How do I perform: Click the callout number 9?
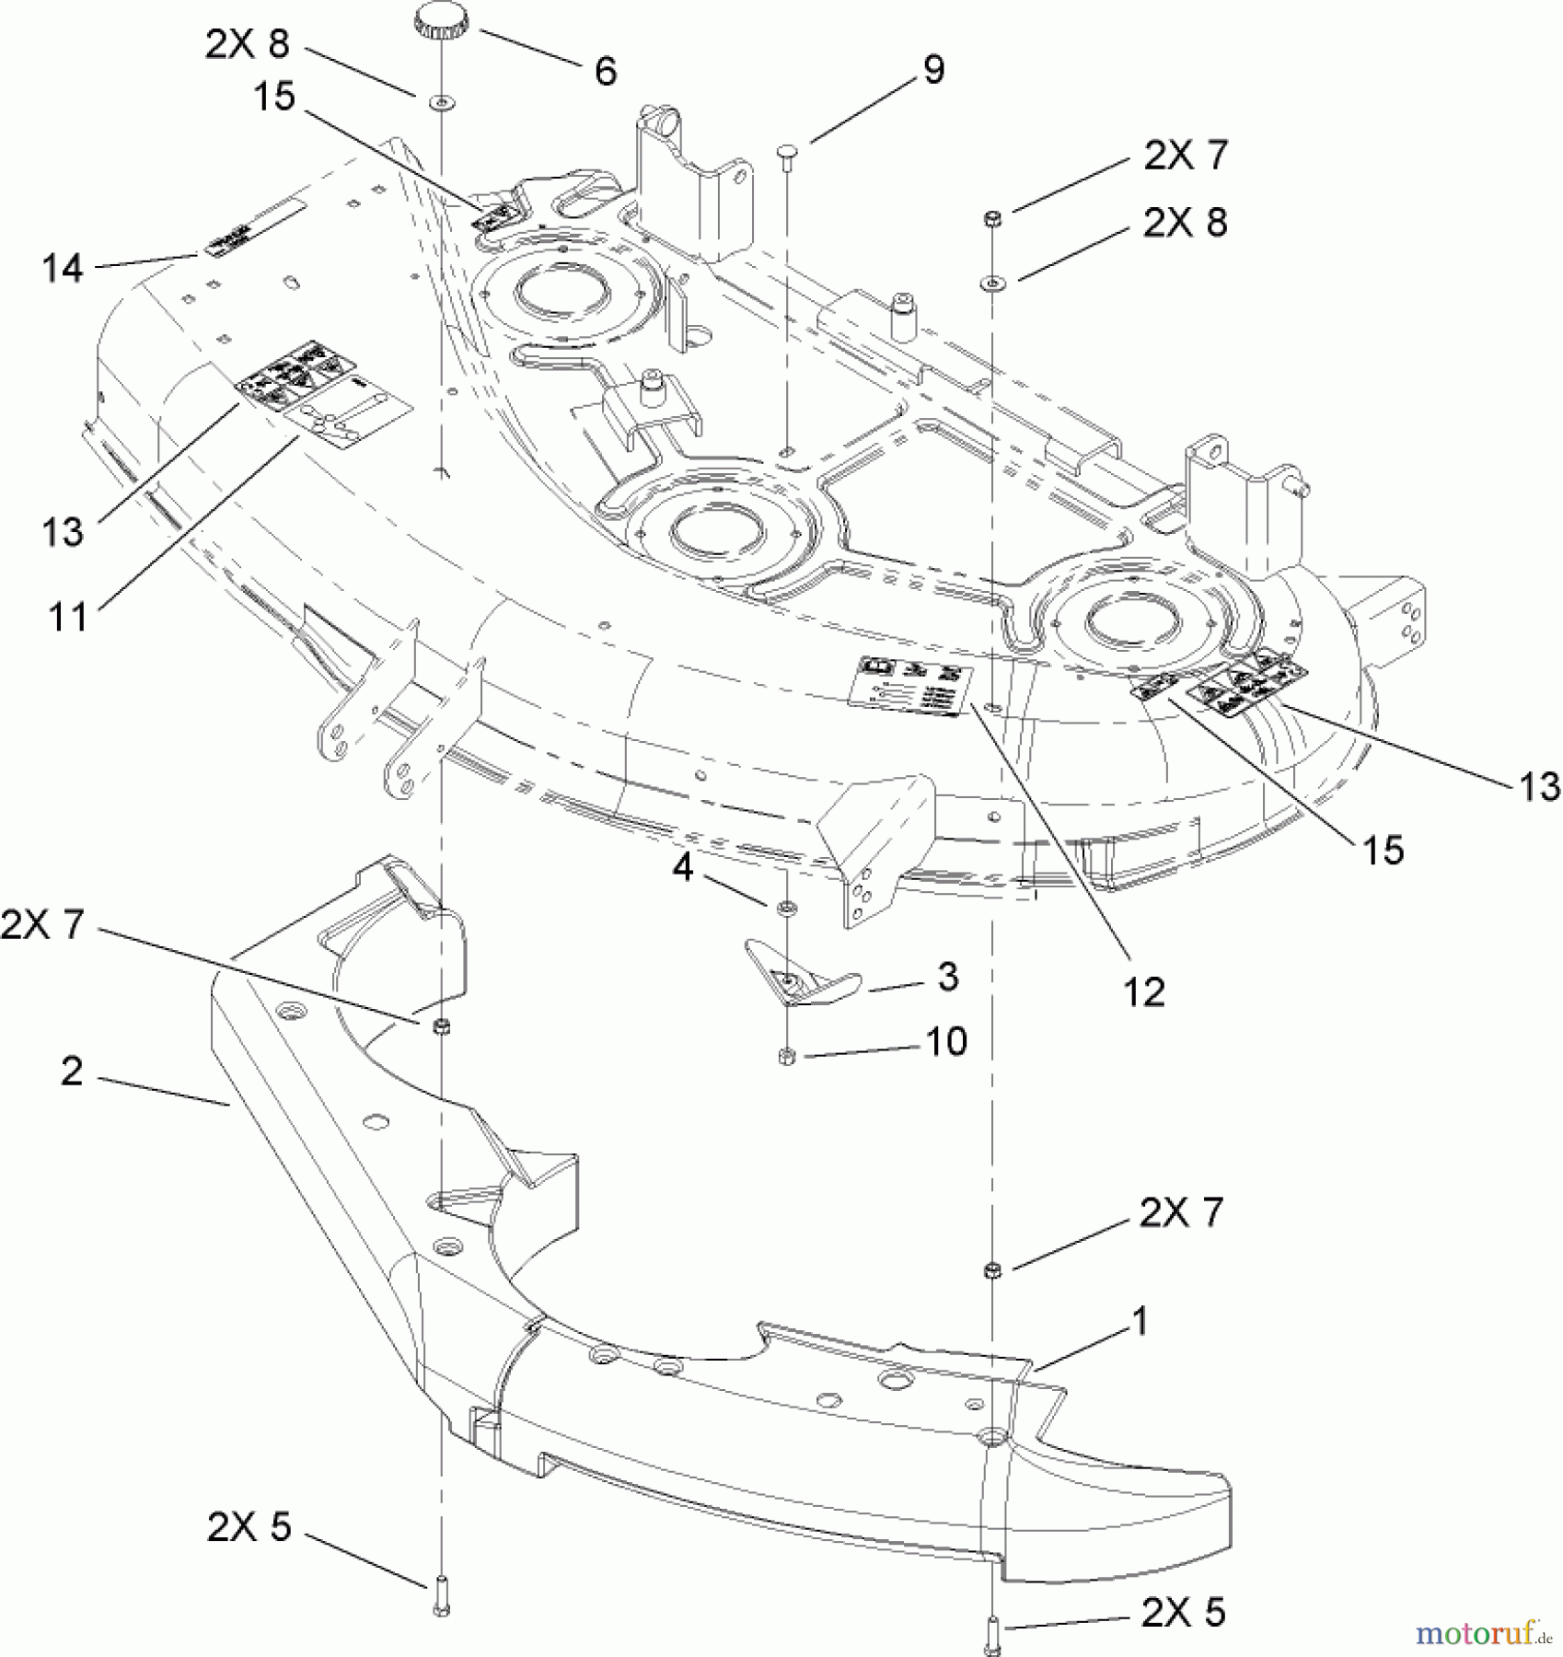[x=932, y=70]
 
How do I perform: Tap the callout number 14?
[x=62, y=269]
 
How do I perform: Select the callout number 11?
[x=68, y=616]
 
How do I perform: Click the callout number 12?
[x=1143, y=991]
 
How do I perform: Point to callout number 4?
[x=682, y=866]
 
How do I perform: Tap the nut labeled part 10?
[x=787, y=1056]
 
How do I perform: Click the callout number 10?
[x=946, y=1041]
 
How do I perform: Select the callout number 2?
[x=72, y=1071]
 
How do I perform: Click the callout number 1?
[x=1140, y=1321]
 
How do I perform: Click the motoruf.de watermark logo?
[x=1483, y=1632]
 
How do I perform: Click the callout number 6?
[x=605, y=71]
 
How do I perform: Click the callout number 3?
[x=947, y=976]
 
